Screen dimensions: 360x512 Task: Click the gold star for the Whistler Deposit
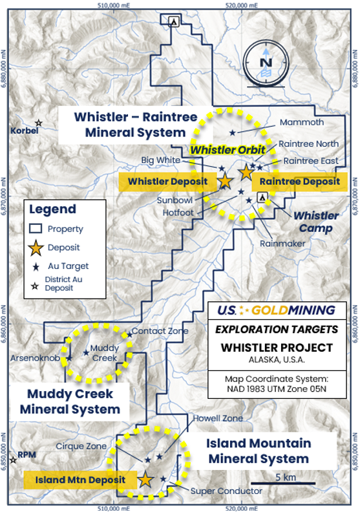tap(225, 181)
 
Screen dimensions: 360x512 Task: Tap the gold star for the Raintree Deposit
tap(246, 172)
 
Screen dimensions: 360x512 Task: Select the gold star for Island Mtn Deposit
tap(145, 479)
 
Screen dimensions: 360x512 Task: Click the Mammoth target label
tap(302, 122)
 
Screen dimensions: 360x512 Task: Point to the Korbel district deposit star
tap(39, 123)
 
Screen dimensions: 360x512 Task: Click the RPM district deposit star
tap(13, 460)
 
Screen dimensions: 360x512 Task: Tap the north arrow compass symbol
tap(266, 64)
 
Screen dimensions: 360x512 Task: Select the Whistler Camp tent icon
tap(262, 197)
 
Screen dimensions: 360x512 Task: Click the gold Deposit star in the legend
tap(36, 248)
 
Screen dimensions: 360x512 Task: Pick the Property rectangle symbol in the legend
tap(36, 229)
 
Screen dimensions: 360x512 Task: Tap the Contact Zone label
tap(160, 331)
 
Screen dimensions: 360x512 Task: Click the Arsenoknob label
tap(35, 358)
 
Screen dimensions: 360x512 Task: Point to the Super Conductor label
tap(226, 491)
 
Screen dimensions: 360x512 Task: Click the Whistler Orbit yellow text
tap(228, 150)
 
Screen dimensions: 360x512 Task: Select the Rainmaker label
tap(282, 244)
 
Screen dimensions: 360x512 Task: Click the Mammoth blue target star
tap(233, 133)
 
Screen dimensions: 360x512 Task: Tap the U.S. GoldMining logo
tap(277, 310)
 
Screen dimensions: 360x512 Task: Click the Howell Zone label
tap(218, 418)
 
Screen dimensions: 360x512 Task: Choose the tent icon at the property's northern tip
tap(174, 21)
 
